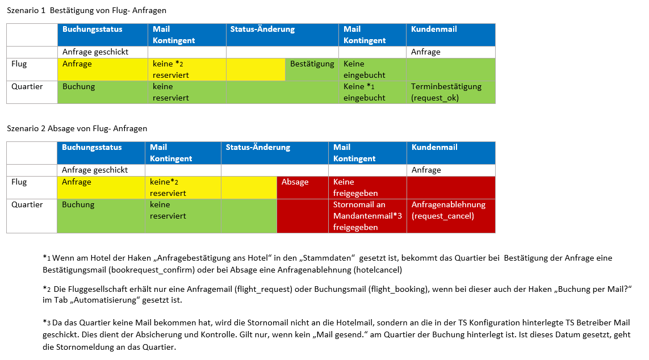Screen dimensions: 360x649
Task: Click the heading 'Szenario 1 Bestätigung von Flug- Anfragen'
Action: click(x=86, y=11)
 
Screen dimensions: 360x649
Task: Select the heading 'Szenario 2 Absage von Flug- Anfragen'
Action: click(x=77, y=128)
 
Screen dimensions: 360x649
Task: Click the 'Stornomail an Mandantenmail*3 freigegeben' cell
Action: click(x=367, y=216)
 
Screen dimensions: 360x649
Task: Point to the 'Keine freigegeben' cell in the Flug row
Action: click(x=367, y=187)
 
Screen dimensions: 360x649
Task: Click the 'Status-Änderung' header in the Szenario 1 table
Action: click(x=262, y=29)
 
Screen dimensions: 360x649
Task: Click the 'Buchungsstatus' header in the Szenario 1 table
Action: click(x=92, y=29)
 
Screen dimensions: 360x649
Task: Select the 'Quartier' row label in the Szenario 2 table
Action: click(x=27, y=205)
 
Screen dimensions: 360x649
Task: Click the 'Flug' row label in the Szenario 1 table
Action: click(x=19, y=64)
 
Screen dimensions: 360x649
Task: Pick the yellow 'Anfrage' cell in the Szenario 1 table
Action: click(x=77, y=64)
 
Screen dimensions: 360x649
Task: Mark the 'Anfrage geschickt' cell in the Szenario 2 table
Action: click(x=95, y=170)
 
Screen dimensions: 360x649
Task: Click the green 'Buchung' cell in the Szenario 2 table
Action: click(x=78, y=205)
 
